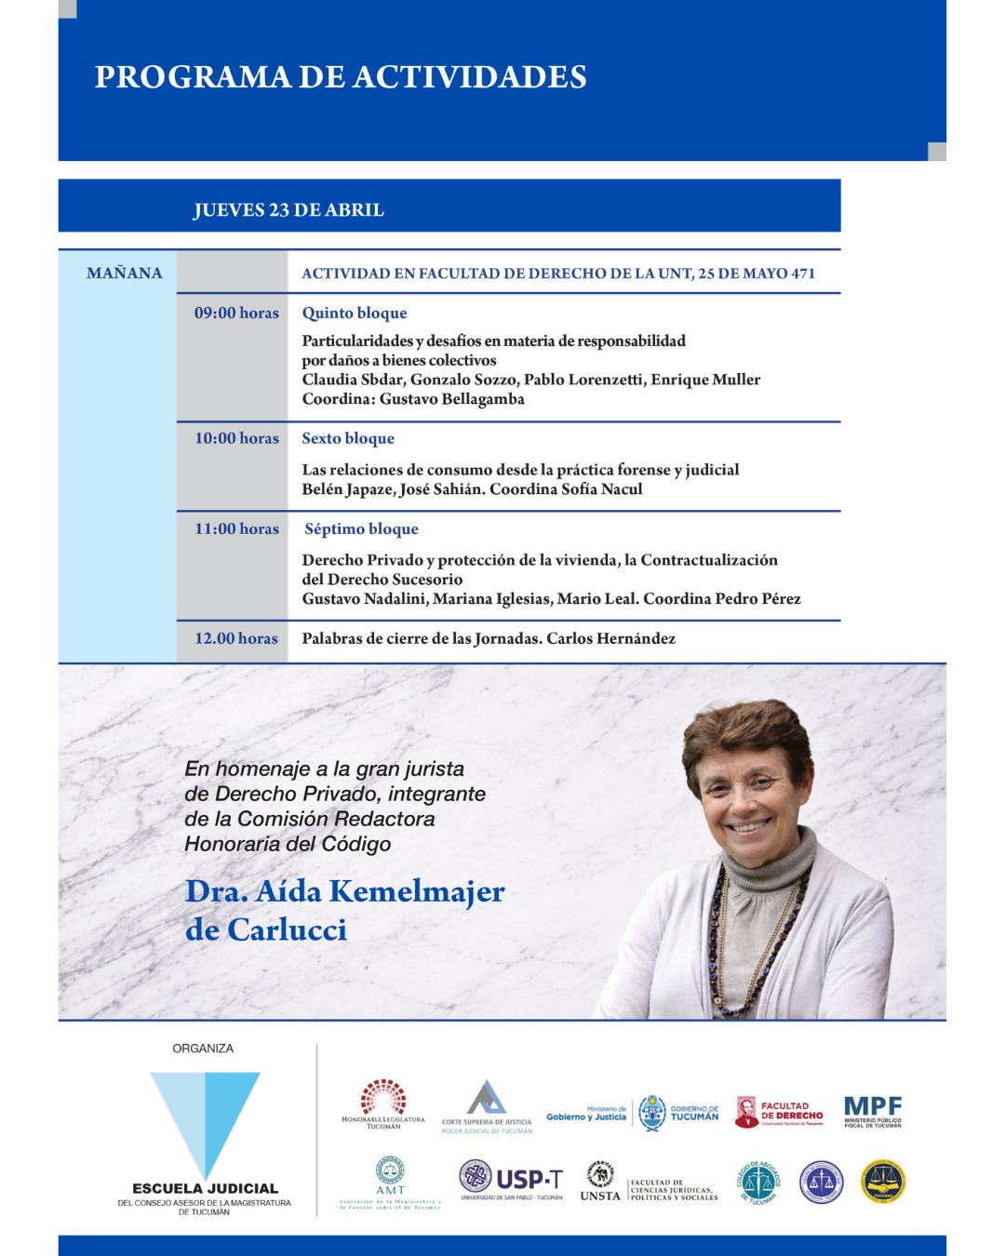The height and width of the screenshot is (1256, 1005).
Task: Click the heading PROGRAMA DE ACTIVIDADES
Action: [341, 77]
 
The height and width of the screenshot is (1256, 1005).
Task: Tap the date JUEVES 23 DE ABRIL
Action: [288, 210]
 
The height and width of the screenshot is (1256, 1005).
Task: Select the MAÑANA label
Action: [124, 274]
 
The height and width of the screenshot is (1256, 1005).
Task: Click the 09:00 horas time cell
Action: [236, 314]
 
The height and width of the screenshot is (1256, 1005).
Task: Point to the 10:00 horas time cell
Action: [236, 438]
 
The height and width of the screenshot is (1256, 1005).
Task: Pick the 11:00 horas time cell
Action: [236, 528]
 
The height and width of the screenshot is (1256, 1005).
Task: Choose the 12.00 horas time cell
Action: [236, 638]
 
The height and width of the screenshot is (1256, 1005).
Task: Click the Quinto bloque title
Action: [355, 314]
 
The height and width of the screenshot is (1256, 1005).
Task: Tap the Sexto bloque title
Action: [348, 438]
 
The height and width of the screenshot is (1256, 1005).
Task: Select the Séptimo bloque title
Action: [361, 528]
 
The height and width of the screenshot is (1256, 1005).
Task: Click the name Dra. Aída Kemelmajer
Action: [344, 891]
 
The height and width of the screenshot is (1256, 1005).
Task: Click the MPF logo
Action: [873, 1111]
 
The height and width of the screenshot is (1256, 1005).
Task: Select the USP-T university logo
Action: [512, 1181]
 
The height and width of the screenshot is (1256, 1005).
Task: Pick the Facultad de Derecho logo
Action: [779, 1112]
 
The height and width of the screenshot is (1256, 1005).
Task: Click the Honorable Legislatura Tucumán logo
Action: [383, 1103]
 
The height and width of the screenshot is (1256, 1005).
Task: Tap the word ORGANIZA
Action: [203, 1049]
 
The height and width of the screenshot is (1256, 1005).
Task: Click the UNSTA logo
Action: [600, 1182]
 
